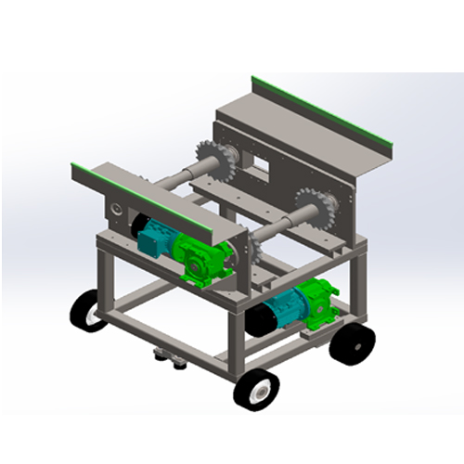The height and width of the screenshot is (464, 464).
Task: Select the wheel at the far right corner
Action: pyautogui.click(x=353, y=342)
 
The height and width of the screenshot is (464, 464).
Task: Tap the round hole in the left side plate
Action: pyautogui.click(x=116, y=211)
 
